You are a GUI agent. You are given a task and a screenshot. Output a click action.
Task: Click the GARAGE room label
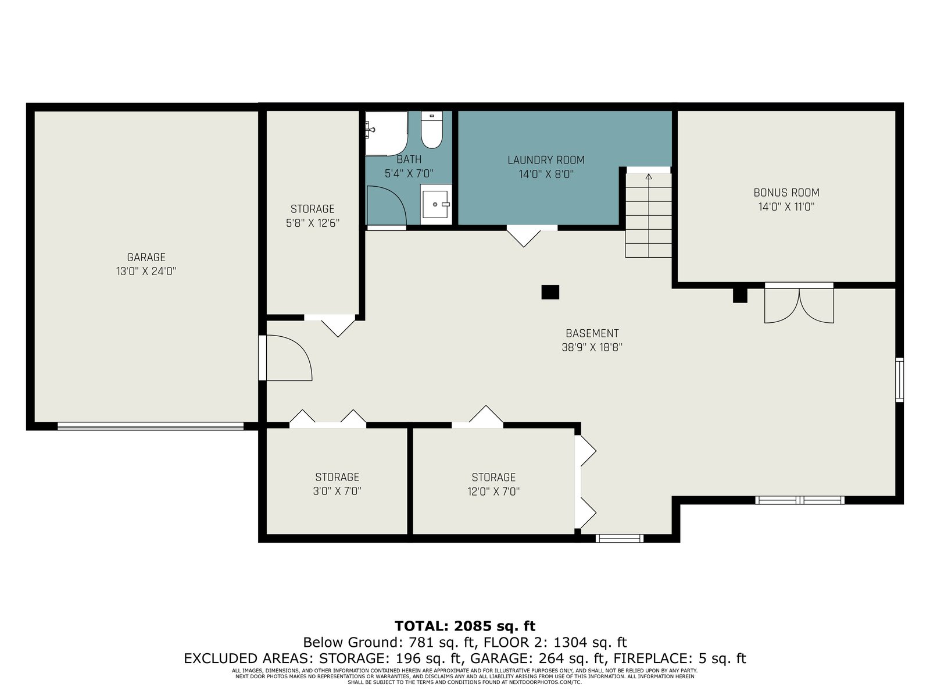tap(146, 257)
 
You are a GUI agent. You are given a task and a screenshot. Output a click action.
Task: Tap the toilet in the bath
tap(432, 129)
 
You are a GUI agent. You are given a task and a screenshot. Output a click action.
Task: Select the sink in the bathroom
tap(435, 204)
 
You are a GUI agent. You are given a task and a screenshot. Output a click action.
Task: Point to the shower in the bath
tap(387, 134)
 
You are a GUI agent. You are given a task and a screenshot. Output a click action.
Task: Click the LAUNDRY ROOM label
tap(546, 160)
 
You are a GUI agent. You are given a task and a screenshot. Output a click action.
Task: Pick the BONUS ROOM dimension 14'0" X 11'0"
tap(786, 207)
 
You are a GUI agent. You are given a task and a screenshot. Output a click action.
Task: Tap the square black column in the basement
tap(550, 292)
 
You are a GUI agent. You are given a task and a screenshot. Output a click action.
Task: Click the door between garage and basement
tap(285, 358)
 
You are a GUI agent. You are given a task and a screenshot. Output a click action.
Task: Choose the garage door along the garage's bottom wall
tap(151, 426)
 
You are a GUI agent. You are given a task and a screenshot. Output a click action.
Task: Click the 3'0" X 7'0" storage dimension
tap(337, 491)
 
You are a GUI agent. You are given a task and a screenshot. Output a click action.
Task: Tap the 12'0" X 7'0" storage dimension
tap(493, 492)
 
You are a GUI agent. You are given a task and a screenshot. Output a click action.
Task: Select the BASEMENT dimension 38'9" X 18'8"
tap(592, 347)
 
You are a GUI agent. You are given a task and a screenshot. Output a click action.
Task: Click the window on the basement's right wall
tap(899, 380)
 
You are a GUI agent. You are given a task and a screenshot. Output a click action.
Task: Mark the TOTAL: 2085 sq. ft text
tap(465, 626)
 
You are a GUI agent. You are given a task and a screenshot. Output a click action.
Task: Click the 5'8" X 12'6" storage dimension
tap(313, 223)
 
